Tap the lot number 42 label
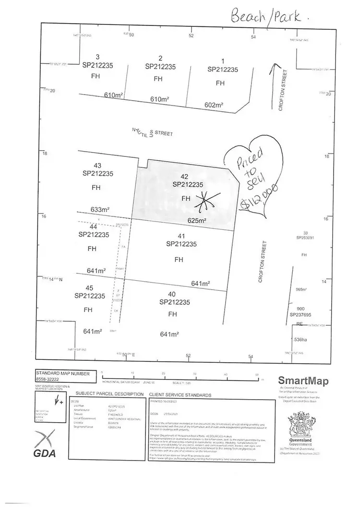[x=185, y=176]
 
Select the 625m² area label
[x=197, y=221]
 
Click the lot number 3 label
[x=98, y=57]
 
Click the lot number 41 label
[x=181, y=236]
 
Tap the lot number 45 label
[x=89, y=288]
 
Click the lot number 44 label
[x=94, y=226]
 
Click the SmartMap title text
[x=303, y=381]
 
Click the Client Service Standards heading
[x=180, y=394]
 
